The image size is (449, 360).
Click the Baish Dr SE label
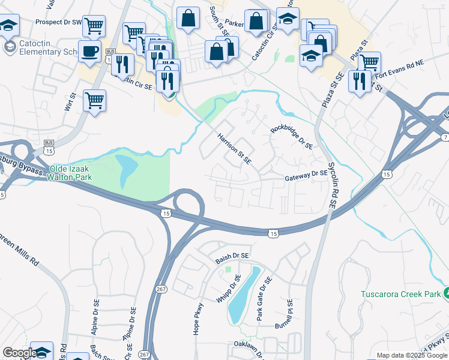tap(232, 256)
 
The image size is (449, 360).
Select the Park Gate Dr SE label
tap(264, 299)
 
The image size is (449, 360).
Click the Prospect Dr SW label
tap(58, 22)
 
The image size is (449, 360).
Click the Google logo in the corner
tap(19, 353)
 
